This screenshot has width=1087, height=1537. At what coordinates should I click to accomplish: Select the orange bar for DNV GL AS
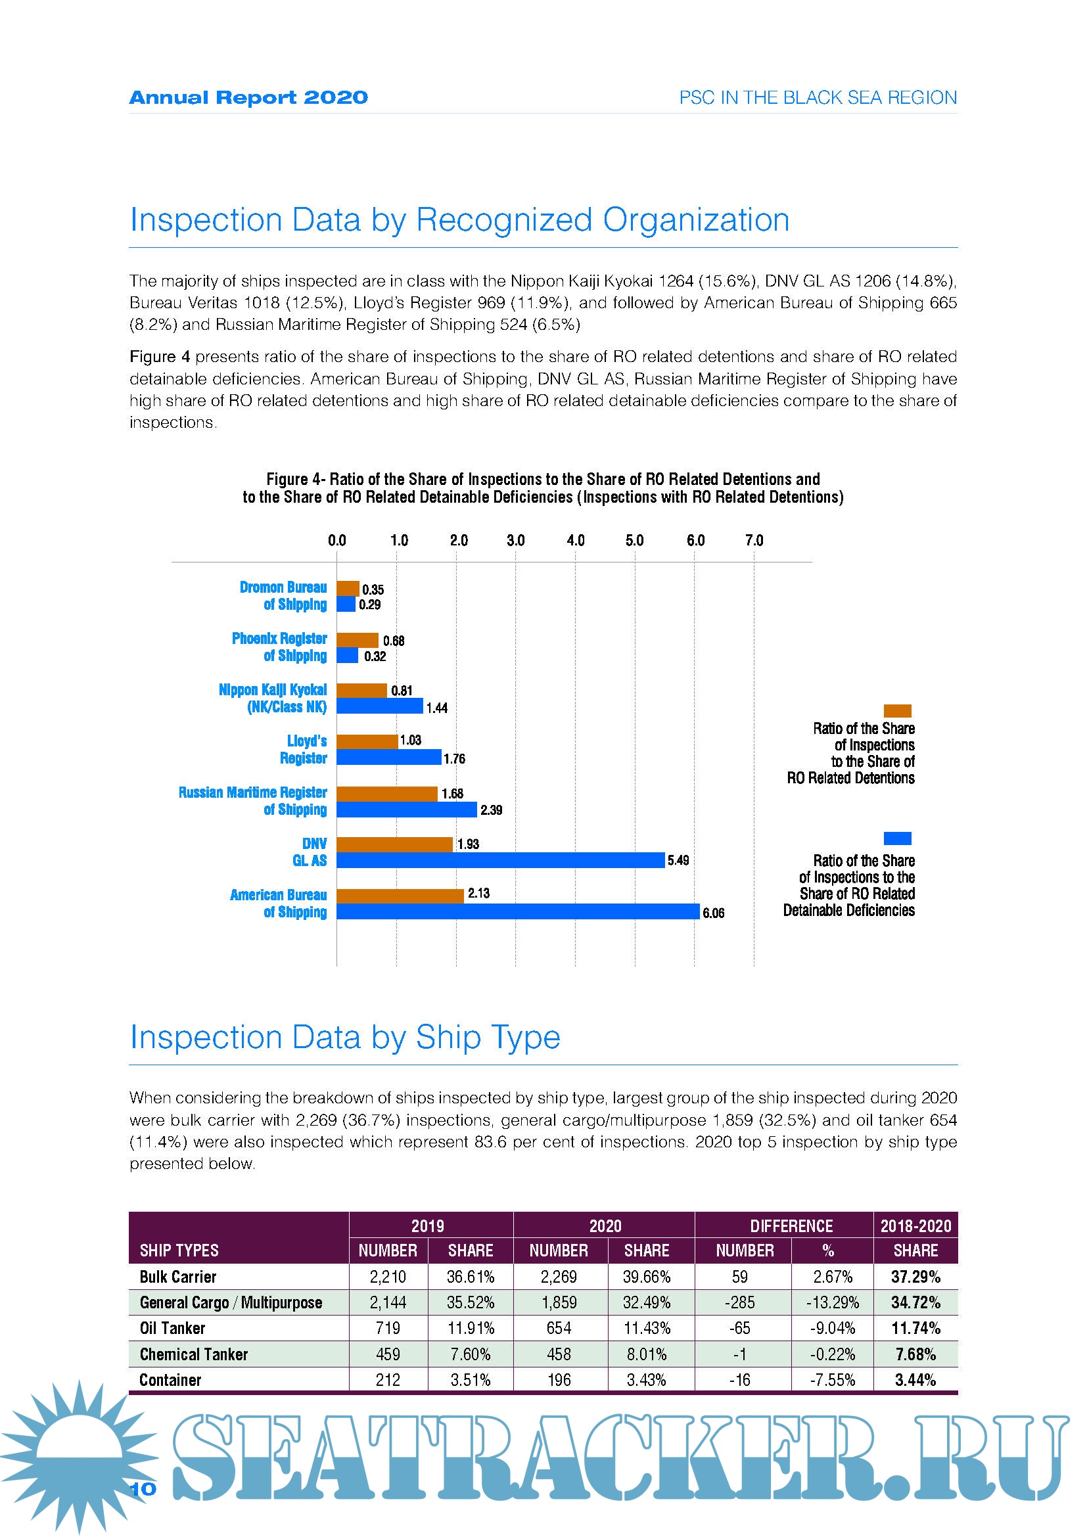(394, 844)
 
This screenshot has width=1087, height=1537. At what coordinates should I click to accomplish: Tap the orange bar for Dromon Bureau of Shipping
(348, 588)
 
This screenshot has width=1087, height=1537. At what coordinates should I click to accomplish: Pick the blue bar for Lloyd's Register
(388, 757)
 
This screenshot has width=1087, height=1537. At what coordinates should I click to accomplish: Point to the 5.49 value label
(678, 860)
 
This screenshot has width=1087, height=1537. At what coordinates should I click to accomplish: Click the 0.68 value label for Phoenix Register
(394, 641)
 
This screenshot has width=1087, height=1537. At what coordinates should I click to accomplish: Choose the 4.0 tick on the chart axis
(575, 540)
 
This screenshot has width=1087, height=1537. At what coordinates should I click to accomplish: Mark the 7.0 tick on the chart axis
(754, 540)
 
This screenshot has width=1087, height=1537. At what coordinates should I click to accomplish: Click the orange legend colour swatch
(897, 711)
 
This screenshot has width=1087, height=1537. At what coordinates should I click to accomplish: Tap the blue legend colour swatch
(897, 838)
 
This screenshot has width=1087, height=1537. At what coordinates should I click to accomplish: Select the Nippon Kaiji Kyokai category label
(273, 699)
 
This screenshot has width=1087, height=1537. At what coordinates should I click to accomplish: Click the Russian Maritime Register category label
(252, 800)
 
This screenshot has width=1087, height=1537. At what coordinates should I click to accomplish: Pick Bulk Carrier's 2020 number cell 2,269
(558, 1277)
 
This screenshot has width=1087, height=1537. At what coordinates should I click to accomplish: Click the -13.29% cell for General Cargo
(832, 1302)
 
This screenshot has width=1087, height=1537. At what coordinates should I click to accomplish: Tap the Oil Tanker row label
(172, 1328)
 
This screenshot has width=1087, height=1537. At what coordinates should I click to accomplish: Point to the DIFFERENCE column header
(791, 1226)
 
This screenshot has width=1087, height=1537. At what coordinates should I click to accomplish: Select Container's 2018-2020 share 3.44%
(915, 1380)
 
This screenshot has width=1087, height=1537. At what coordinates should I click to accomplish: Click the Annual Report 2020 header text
(248, 98)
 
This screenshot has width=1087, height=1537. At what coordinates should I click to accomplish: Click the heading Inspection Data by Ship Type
(345, 1037)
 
